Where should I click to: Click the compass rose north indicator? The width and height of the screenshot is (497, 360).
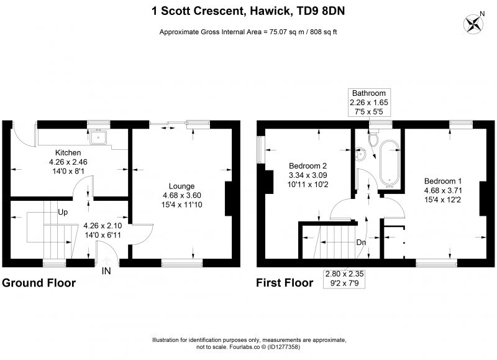pyautogui.click(x=474, y=24)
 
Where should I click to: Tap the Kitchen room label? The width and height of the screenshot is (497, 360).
pyautogui.click(x=68, y=152)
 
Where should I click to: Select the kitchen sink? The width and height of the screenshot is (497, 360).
pyautogui.click(x=99, y=137)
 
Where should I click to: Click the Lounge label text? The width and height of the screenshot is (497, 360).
pyautogui.click(x=181, y=186)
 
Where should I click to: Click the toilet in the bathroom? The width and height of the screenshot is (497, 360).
pyautogui.click(x=373, y=137)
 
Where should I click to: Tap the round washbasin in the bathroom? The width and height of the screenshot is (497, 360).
pyautogui.click(x=361, y=155)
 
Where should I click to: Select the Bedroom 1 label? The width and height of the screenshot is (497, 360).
pyautogui.click(x=443, y=181)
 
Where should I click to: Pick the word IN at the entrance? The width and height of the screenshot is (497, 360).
pyautogui.click(x=106, y=271)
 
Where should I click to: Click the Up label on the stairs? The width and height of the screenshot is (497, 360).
pyautogui.click(x=63, y=212)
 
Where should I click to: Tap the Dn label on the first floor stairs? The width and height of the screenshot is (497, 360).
pyautogui.click(x=361, y=242)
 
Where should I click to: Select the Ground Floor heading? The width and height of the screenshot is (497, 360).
pyautogui.click(x=39, y=283)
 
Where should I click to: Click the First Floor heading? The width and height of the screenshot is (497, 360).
pyautogui.click(x=285, y=283)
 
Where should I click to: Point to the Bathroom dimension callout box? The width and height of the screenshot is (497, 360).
pyautogui.click(x=369, y=103)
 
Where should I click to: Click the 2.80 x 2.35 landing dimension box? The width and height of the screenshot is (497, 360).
pyautogui.click(x=344, y=279)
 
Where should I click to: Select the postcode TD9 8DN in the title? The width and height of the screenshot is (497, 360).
pyautogui.click(x=321, y=11)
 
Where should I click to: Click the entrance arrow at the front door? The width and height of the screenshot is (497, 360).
pyautogui.click(x=106, y=261)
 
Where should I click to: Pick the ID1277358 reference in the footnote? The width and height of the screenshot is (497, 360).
pyautogui.click(x=284, y=347)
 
